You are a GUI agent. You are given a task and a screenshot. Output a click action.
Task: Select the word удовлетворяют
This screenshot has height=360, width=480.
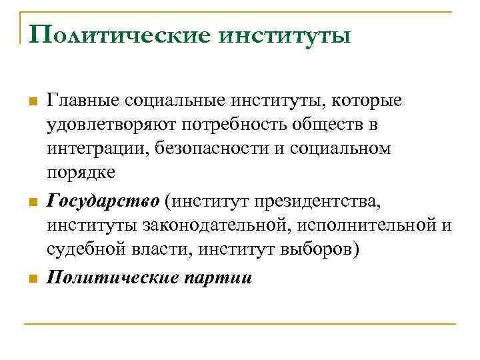coord(113,125)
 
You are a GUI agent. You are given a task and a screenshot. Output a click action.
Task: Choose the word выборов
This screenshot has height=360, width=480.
coord(314,249)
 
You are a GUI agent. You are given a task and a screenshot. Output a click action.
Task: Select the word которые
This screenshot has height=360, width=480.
coord(367,101)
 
